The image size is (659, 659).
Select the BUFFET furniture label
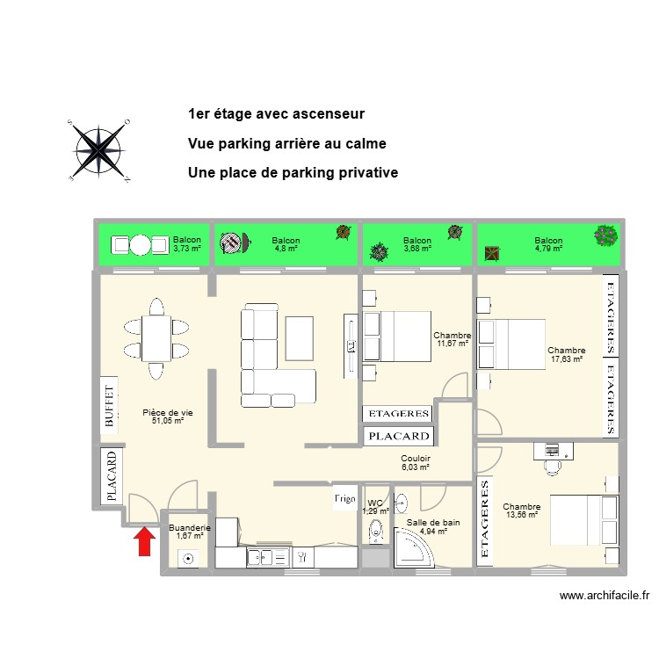[110, 406]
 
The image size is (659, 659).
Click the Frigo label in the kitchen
[344, 499]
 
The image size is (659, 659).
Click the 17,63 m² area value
[566, 358]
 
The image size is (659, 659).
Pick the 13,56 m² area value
[521, 515]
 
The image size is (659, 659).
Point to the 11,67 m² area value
[453, 344]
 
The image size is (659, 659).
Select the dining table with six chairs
[156, 338]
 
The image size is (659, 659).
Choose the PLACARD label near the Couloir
[398, 436]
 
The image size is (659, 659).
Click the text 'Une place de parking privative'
[293, 172]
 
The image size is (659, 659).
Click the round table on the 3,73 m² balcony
[141, 244]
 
